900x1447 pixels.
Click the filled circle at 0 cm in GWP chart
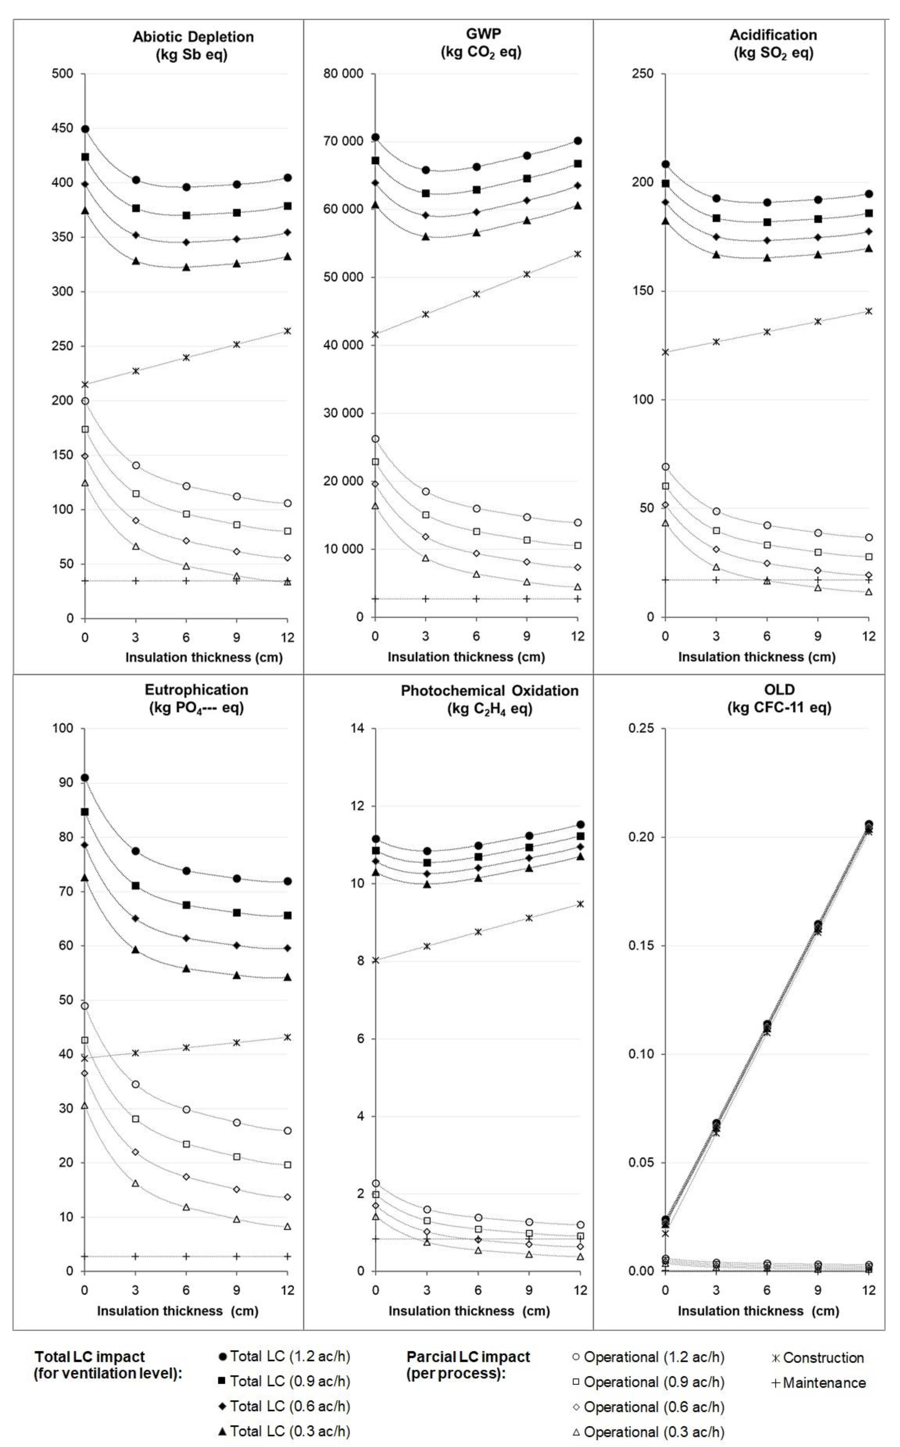[x=375, y=137]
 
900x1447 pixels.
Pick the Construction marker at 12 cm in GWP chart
[x=577, y=254]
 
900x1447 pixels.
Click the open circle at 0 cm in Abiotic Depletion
[x=85, y=401]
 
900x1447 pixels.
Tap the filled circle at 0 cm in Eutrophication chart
[x=85, y=778]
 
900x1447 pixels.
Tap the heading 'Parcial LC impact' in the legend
[x=468, y=1356]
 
